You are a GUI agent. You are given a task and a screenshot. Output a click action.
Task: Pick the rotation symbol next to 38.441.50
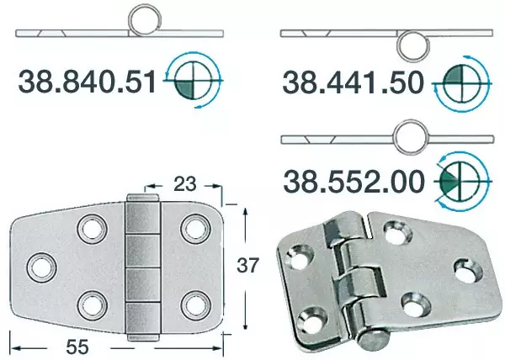point(461,82)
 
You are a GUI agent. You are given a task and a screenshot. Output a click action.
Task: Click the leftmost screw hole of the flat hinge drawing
point(40,267)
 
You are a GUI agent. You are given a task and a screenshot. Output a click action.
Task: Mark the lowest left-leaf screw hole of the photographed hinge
point(316,319)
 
